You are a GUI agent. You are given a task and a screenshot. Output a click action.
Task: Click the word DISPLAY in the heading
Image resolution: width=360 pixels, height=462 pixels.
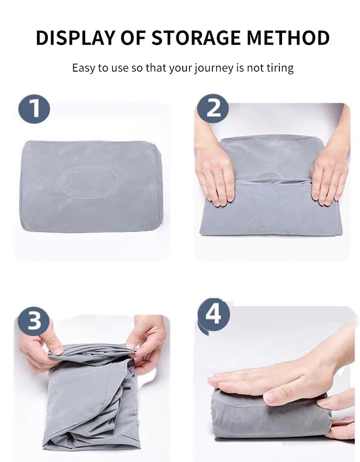pos(75,38)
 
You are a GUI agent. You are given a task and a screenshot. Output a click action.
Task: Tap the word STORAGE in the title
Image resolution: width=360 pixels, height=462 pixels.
pos(196,38)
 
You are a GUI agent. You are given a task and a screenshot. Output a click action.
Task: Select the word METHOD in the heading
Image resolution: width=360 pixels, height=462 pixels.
pos(288,38)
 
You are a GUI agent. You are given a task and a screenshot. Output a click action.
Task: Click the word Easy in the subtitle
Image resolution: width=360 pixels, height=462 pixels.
pos(83,68)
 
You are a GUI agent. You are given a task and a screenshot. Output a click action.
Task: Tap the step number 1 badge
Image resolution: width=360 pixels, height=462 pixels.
pos(35,109)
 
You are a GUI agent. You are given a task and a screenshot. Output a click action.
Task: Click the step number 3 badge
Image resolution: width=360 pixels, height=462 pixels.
pos(34,321)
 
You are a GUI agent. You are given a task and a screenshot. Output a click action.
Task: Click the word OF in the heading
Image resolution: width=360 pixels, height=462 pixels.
pos(133,38)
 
